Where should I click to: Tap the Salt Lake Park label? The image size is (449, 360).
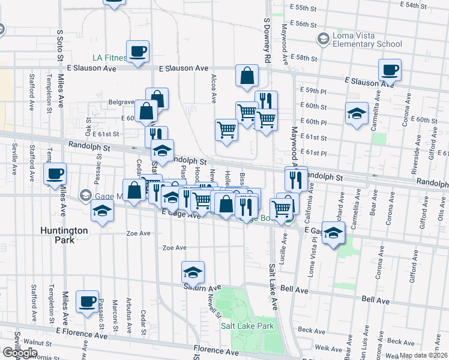[x=247, y=326]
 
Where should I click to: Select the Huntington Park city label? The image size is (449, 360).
[x=64, y=235]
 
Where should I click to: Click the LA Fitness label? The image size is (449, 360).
[x=109, y=58]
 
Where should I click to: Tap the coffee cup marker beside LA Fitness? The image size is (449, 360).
[x=137, y=51]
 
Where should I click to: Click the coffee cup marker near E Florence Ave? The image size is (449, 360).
[x=88, y=301]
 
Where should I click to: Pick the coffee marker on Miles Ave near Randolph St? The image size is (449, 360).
[x=55, y=174]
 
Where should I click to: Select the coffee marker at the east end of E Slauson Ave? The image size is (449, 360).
[x=390, y=70]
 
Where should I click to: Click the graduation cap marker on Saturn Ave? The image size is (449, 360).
[x=192, y=272]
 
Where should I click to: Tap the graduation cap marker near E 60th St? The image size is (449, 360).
[x=357, y=113]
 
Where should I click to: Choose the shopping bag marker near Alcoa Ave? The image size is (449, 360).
[x=247, y=76]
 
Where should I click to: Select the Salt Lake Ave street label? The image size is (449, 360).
[x=273, y=287]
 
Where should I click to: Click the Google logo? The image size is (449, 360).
[x=19, y=353]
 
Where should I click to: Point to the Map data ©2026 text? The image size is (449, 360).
[x=423, y=355]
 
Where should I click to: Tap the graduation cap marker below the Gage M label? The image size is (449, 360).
[x=102, y=212]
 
